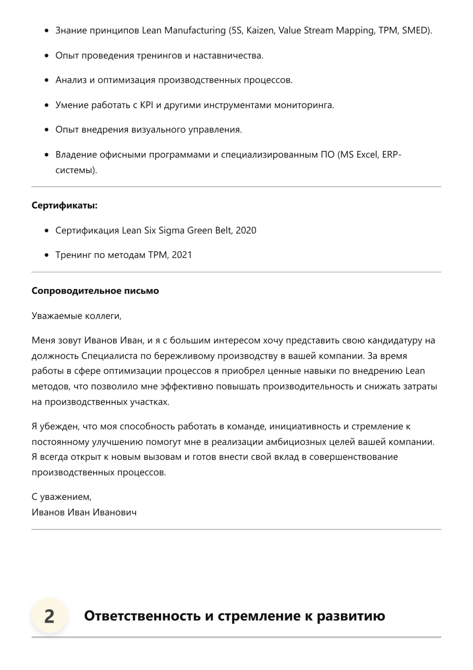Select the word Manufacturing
(x=195, y=31)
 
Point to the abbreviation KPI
(x=147, y=105)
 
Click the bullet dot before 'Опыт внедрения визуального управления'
(x=47, y=130)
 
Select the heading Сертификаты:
(x=65, y=206)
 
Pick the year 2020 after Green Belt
(x=246, y=230)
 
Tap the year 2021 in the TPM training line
(x=182, y=255)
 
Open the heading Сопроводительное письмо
(x=95, y=291)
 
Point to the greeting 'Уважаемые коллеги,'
(x=76, y=316)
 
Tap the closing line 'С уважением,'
(x=61, y=497)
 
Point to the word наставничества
(x=228, y=56)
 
